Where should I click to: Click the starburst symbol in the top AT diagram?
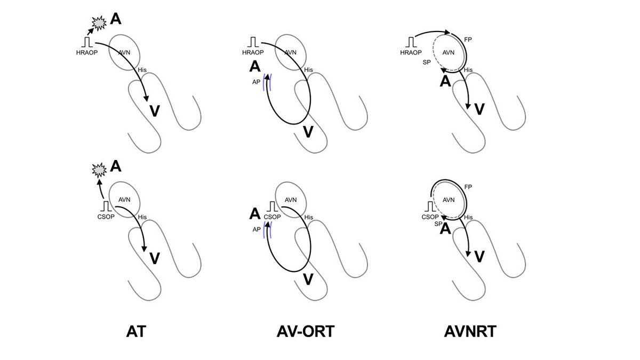(99, 22)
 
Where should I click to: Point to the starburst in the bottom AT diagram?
(99, 170)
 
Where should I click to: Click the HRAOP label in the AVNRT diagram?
(411, 52)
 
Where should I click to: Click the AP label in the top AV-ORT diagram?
(257, 83)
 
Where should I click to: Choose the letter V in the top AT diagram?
(154, 111)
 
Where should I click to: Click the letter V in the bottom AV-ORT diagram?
(308, 277)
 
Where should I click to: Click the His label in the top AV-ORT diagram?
(309, 70)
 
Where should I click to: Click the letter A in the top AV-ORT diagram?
(255, 67)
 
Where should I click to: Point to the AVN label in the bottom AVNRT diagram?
(449, 200)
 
